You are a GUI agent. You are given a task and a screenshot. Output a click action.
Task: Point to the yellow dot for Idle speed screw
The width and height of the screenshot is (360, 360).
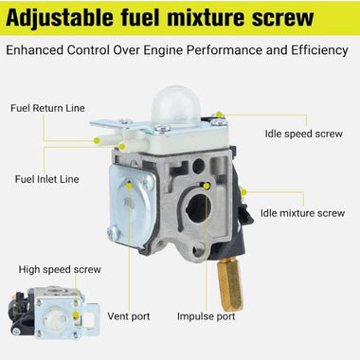(221, 117)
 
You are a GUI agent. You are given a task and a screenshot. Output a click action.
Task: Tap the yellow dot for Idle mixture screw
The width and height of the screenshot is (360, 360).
(243, 193)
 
